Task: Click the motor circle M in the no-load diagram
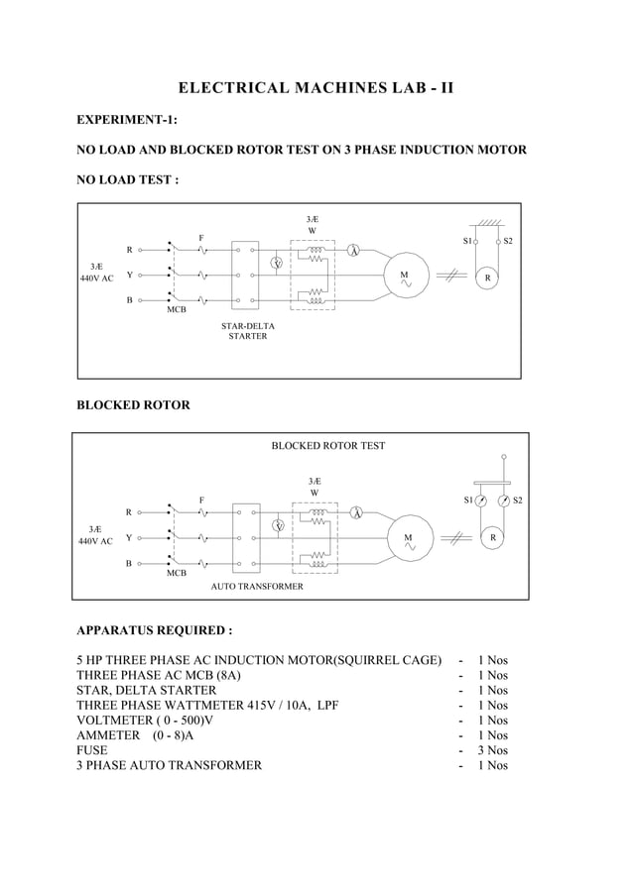405,275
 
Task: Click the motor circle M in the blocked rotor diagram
408,538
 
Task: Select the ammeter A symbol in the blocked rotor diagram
356,512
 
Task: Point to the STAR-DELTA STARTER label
248,330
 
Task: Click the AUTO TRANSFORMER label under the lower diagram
257,587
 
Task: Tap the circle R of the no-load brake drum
487,279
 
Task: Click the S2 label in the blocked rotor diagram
518,501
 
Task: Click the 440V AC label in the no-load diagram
96,279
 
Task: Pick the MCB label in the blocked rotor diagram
177,574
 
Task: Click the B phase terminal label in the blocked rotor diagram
128,563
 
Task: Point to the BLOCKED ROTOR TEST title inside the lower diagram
328,446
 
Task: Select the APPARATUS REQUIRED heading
155,630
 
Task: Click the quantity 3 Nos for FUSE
492,750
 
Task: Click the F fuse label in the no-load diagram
201,238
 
